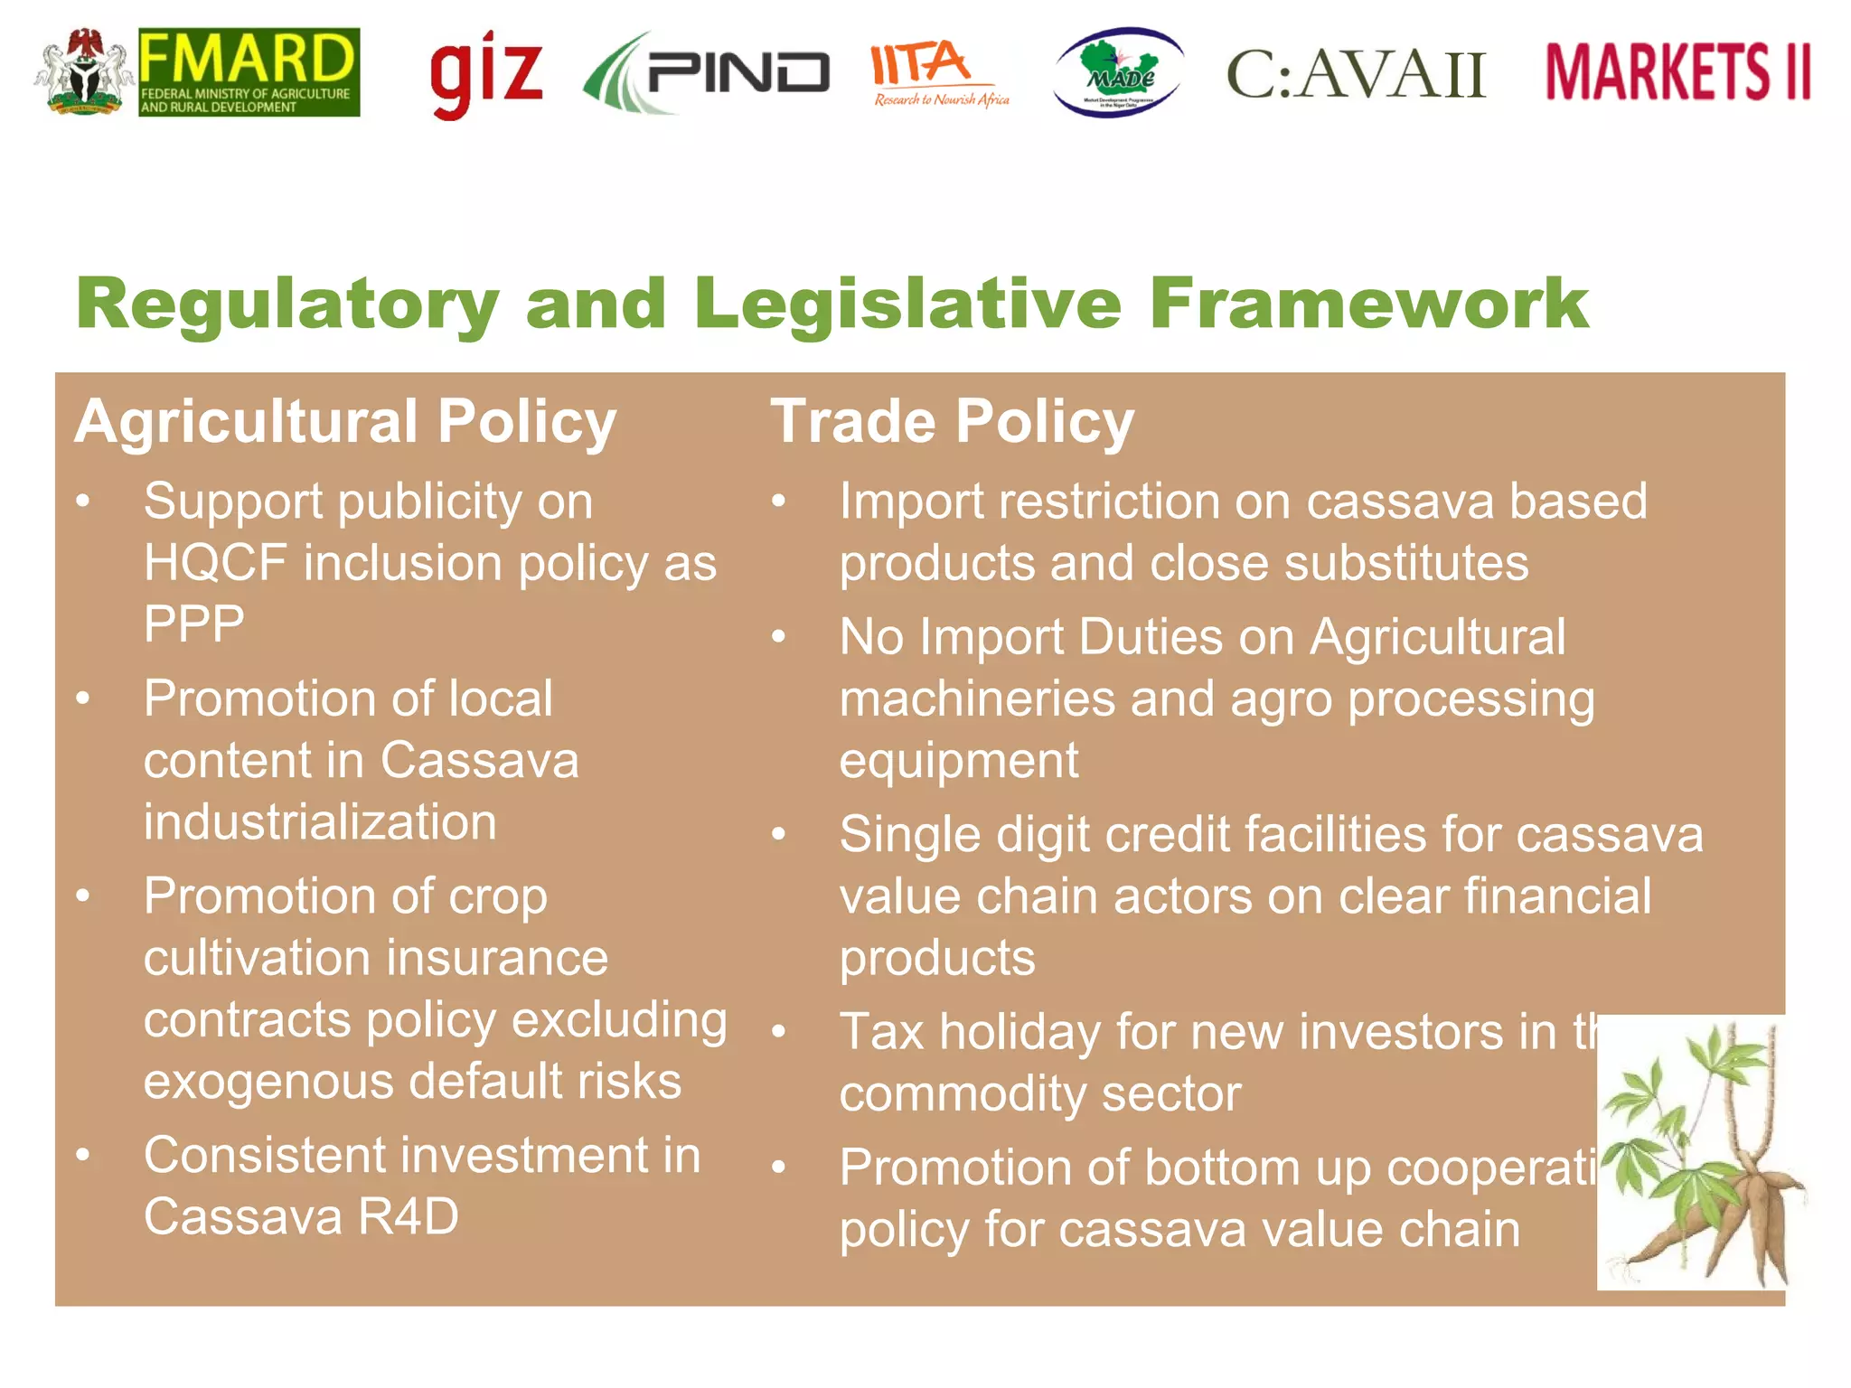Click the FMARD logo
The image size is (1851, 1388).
coord(249,72)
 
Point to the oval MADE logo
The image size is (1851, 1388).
coord(1119,72)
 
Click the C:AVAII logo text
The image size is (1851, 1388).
coord(1356,74)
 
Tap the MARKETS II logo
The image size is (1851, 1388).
coord(1677,72)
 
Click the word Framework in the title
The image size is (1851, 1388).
coord(1368,304)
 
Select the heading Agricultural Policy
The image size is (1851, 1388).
coord(345,422)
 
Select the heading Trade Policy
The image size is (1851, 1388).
coord(952,422)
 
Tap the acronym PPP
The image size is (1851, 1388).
coord(193,624)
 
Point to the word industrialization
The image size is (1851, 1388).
coord(320,822)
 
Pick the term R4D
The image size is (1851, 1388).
coord(409,1216)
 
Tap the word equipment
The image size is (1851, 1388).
coord(958,761)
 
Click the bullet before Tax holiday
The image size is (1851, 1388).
coord(779,1031)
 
